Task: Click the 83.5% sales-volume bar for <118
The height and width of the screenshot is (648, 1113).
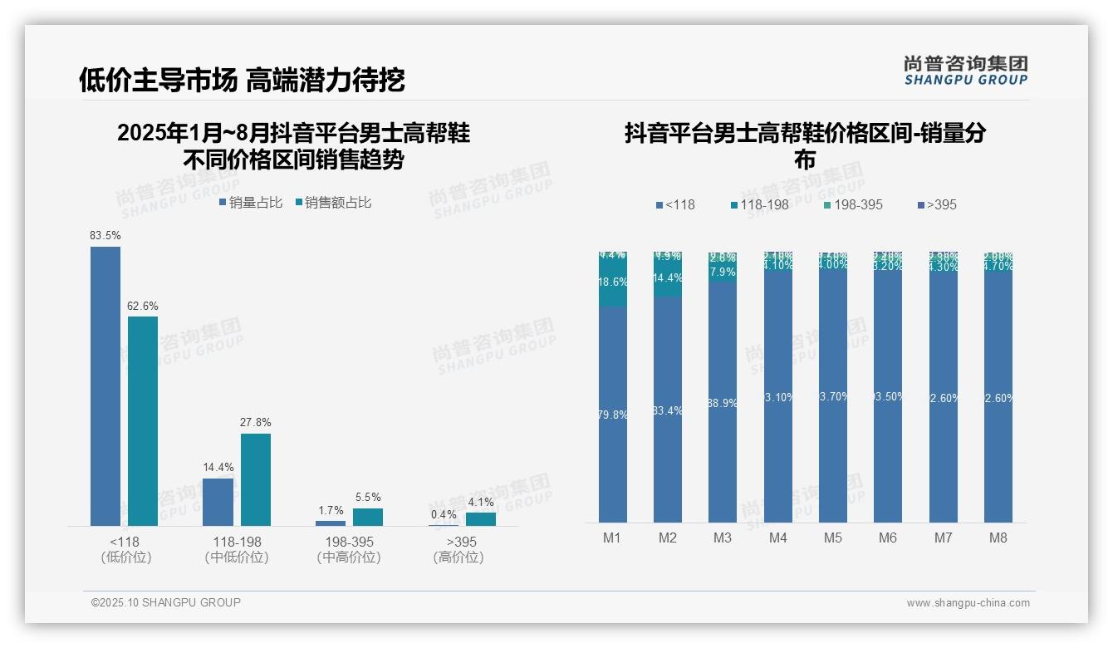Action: [x=105, y=386]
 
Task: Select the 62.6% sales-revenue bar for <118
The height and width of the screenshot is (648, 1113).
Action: [x=143, y=421]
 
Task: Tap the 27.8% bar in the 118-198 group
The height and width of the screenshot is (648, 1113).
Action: [x=256, y=479]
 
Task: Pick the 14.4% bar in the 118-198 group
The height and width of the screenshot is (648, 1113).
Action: [x=218, y=502]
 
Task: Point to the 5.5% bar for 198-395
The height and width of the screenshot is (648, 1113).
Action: [x=368, y=517]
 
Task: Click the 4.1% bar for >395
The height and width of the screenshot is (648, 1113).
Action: [x=481, y=519]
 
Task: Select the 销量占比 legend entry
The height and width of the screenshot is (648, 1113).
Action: [x=251, y=203]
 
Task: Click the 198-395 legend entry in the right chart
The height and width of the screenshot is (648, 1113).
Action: [x=854, y=204]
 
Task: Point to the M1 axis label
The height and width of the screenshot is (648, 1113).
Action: [x=612, y=538]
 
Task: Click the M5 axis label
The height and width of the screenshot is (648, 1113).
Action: [x=833, y=538]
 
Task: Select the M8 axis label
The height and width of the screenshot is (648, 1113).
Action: [x=998, y=538]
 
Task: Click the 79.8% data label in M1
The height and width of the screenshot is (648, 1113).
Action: [x=613, y=415]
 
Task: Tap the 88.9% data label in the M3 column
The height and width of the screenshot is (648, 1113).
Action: [x=723, y=402]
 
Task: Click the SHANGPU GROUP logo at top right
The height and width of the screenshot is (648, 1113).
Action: [x=966, y=71]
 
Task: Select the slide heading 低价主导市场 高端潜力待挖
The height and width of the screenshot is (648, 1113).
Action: [x=242, y=80]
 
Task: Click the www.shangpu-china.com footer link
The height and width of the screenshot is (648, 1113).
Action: [x=968, y=603]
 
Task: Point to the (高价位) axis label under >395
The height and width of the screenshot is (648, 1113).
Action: [x=458, y=557]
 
